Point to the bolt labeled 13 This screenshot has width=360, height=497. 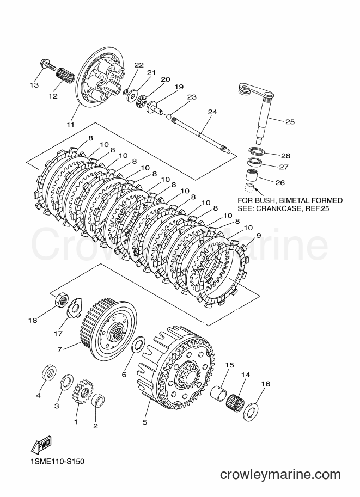48,64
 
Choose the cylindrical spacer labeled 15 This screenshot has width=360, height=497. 219,394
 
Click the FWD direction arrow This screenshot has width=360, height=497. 41,445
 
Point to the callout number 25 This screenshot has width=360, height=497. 290,122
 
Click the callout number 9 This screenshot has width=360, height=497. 259,235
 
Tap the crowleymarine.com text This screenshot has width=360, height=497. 280,475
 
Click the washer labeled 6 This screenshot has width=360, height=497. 138,345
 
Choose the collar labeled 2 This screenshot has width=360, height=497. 98,400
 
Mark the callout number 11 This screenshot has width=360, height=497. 70,125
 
